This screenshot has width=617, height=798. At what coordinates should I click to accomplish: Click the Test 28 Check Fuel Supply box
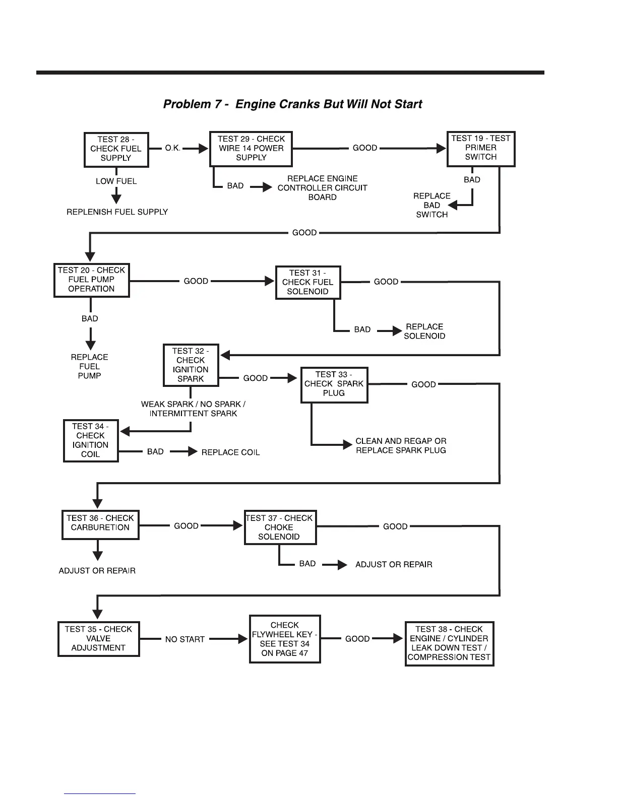coord(116,149)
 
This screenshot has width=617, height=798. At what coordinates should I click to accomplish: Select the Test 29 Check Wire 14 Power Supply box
coord(251,149)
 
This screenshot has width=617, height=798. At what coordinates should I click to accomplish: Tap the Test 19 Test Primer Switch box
coord(481,148)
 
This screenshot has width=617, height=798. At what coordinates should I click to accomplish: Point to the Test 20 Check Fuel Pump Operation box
coord(91,280)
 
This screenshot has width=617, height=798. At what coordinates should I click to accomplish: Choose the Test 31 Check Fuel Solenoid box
coord(307,282)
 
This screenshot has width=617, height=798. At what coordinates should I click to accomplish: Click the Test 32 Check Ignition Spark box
coord(191,365)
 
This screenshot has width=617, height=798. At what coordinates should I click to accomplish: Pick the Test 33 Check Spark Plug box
coord(334,384)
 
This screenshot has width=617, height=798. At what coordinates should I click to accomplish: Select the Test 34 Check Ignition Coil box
coord(91,440)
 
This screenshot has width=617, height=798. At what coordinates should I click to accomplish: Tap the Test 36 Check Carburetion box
coord(100,524)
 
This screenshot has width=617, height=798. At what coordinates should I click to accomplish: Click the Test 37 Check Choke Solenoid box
coord(280,527)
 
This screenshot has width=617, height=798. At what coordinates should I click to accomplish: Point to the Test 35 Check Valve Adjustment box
coord(98,639)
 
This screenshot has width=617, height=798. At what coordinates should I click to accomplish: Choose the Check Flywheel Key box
coord(285,639)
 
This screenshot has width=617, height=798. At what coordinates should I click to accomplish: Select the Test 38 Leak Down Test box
coord(449,643)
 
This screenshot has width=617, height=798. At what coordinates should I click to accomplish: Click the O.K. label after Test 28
coord(172,149)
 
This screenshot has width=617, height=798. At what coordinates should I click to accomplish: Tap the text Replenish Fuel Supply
coord(117,212)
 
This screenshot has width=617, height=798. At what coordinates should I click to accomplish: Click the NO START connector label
coord(184,639)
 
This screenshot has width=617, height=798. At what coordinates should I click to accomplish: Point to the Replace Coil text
coord(230,452)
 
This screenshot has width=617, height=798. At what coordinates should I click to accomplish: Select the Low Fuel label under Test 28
coord(116,181)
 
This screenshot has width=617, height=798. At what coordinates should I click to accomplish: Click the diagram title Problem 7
coord(292,104)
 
